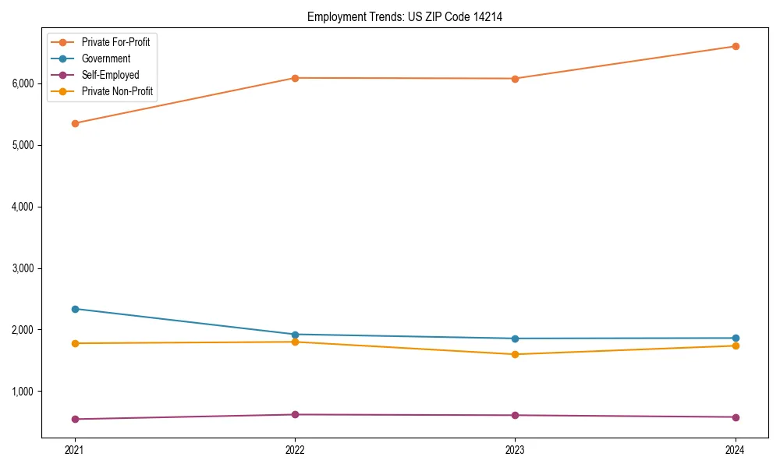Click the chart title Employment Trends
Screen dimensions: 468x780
[404, 16]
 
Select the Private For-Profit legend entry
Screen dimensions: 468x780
[115, 42]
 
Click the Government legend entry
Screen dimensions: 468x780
[105, 58]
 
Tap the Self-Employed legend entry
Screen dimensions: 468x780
[110, 75]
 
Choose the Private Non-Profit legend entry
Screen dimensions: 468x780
[117, 91]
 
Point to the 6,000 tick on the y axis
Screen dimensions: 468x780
[23, 83]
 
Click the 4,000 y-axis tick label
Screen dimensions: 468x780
[23, 207]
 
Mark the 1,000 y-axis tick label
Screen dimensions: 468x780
[23, 392]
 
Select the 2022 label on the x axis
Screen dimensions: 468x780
[295, 449]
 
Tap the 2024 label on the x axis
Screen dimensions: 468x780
[735, 449]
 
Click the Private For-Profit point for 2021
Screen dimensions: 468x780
[75, 123]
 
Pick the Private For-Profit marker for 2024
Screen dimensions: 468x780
[735, 46]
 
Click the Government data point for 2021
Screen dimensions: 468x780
[75, 309]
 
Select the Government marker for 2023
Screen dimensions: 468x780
[515, 339]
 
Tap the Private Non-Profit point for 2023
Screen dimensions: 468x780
[515, 354]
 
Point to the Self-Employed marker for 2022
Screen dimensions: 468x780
[295, 414]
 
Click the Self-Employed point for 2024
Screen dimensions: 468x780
[735, 417]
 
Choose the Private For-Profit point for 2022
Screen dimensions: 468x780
[295, 78]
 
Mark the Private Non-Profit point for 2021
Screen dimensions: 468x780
[75, 343]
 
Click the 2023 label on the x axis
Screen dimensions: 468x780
[515, 449]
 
